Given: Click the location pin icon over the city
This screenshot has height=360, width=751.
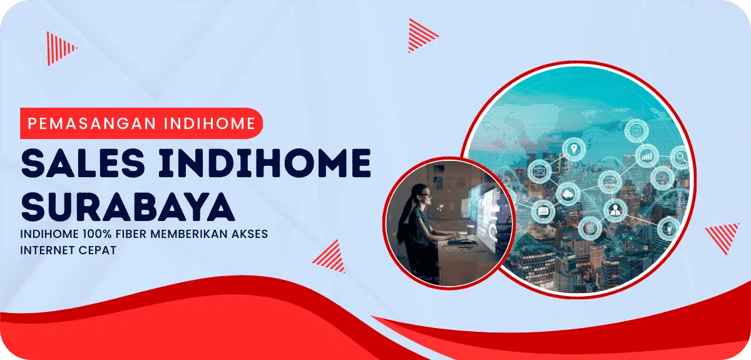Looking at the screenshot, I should point(572,148).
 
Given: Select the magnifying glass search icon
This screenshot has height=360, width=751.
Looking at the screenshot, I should point(680,156).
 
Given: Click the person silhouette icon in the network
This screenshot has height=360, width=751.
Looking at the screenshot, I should point(615,209).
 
